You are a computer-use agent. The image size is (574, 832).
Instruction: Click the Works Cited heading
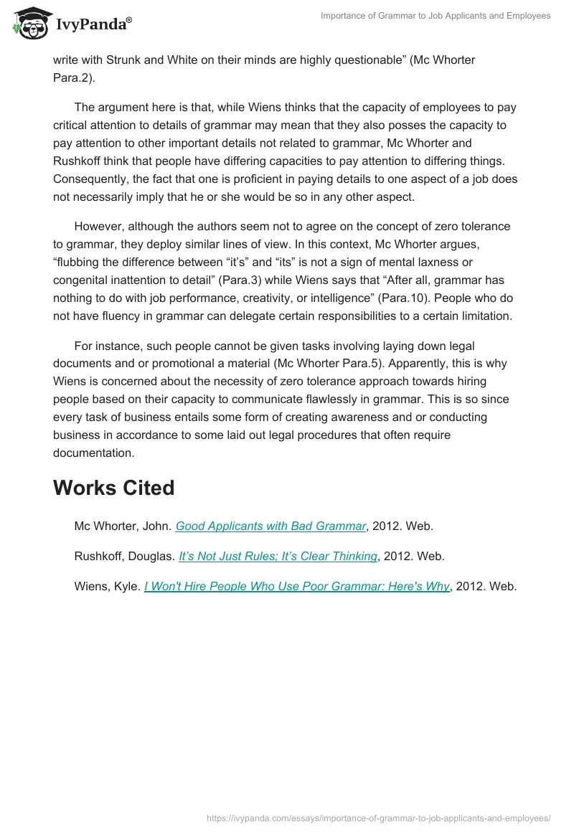point(113,488)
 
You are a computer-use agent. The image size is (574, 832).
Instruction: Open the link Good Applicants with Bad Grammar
point(270,526)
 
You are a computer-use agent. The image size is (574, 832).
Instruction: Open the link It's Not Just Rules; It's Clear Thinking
point(278,556)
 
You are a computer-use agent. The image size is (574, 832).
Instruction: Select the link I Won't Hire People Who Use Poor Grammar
point(296,586)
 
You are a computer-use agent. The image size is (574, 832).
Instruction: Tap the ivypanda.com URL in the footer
point(378,817)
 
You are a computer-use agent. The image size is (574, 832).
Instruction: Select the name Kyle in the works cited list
point(128,586)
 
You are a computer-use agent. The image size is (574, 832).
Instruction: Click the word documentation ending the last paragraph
point(93,453)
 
